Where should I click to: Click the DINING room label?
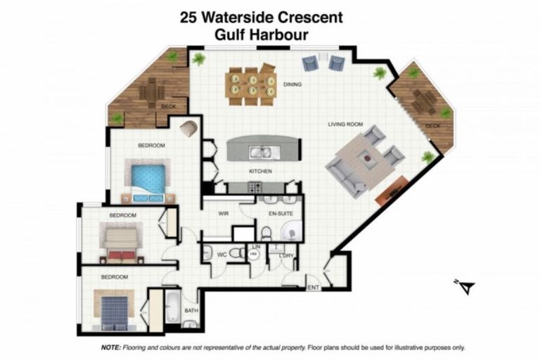(x=292, y=85)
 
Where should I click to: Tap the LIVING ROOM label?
(x=345, y=124)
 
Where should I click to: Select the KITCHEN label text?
(x=260, y=171)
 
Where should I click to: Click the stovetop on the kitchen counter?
(x=255, y=187)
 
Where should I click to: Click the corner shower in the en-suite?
(x=294, y=231)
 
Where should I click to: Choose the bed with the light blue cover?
(x=148, y=178)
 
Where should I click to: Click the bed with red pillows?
(x=122, y=240)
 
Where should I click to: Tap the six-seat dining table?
(x=251, y=82)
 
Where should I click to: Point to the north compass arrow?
(x=465, y=286)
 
